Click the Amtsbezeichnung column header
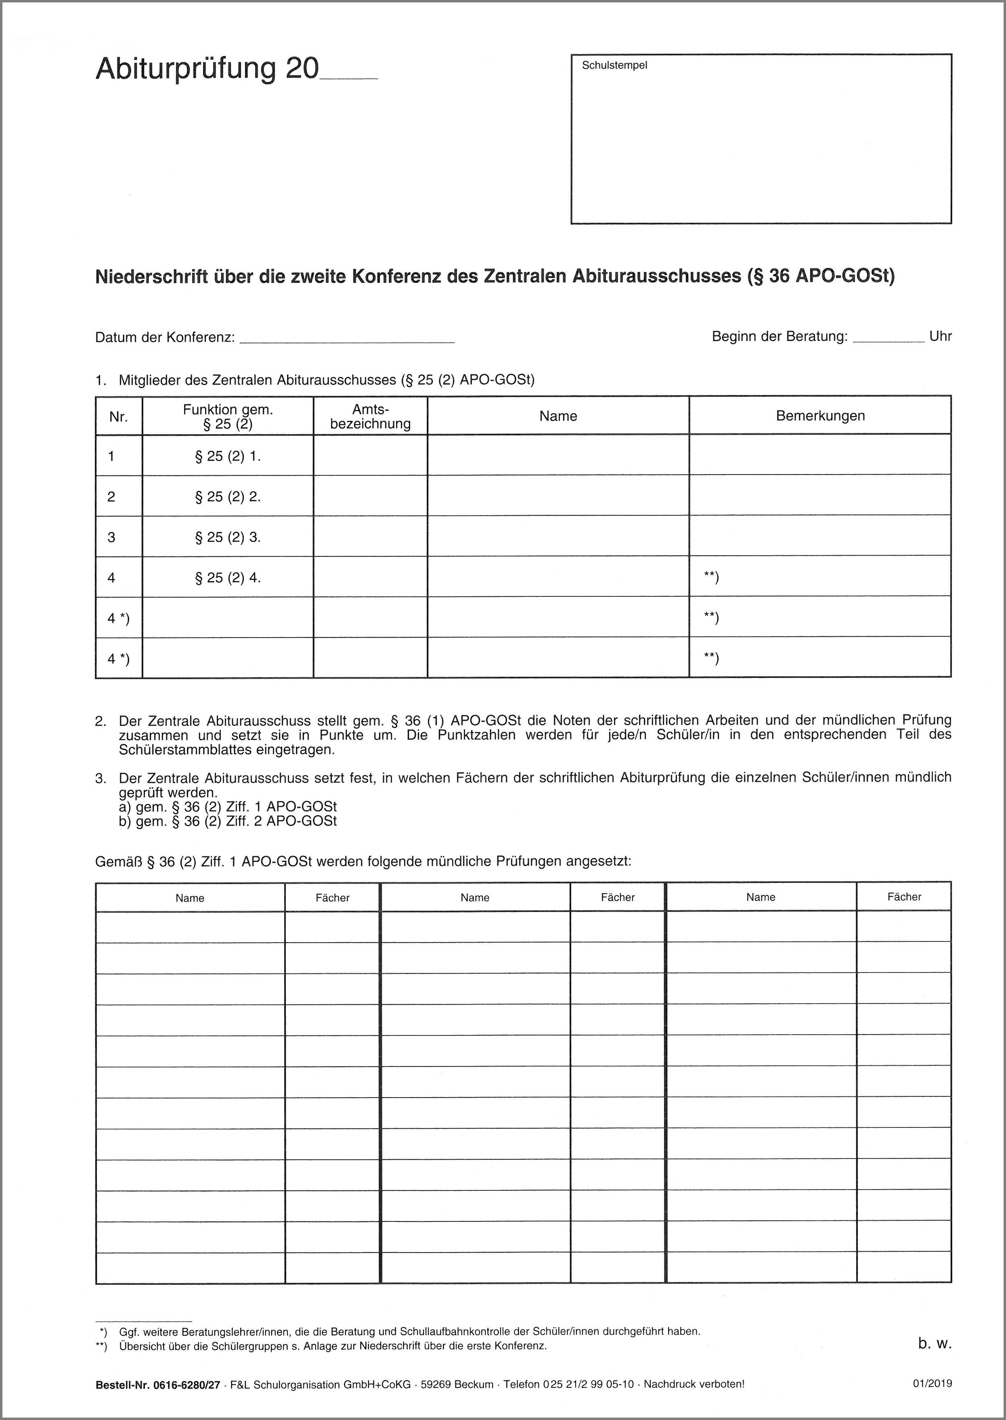point(371,416)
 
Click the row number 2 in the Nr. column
point(111,497)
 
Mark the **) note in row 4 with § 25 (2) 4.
point(711,578)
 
